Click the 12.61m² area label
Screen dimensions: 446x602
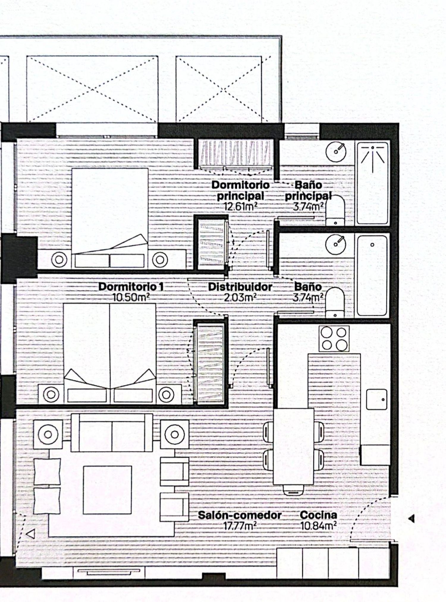tap(240, 206)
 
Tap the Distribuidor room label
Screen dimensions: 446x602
tap(240, 287)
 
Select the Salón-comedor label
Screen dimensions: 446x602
tap(240, 515)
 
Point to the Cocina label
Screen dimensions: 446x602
tap(318, 515)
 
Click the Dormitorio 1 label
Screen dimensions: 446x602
tap(131, 287)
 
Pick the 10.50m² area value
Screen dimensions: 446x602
tap(131, 297)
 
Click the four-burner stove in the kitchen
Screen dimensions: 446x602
tap(334, 338)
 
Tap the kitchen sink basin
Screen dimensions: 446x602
tap(377, 399)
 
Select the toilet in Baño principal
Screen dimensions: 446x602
tap(335, 210)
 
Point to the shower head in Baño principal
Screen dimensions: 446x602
tap(373, 148)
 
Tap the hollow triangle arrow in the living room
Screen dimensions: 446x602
tap(31, 534)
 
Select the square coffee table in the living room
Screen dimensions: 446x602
tap(107, 490)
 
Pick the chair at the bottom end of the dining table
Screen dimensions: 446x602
tap(293, 490)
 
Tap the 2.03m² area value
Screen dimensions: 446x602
tap(240, 297)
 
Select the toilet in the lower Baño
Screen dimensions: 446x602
tap(335, 302)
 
